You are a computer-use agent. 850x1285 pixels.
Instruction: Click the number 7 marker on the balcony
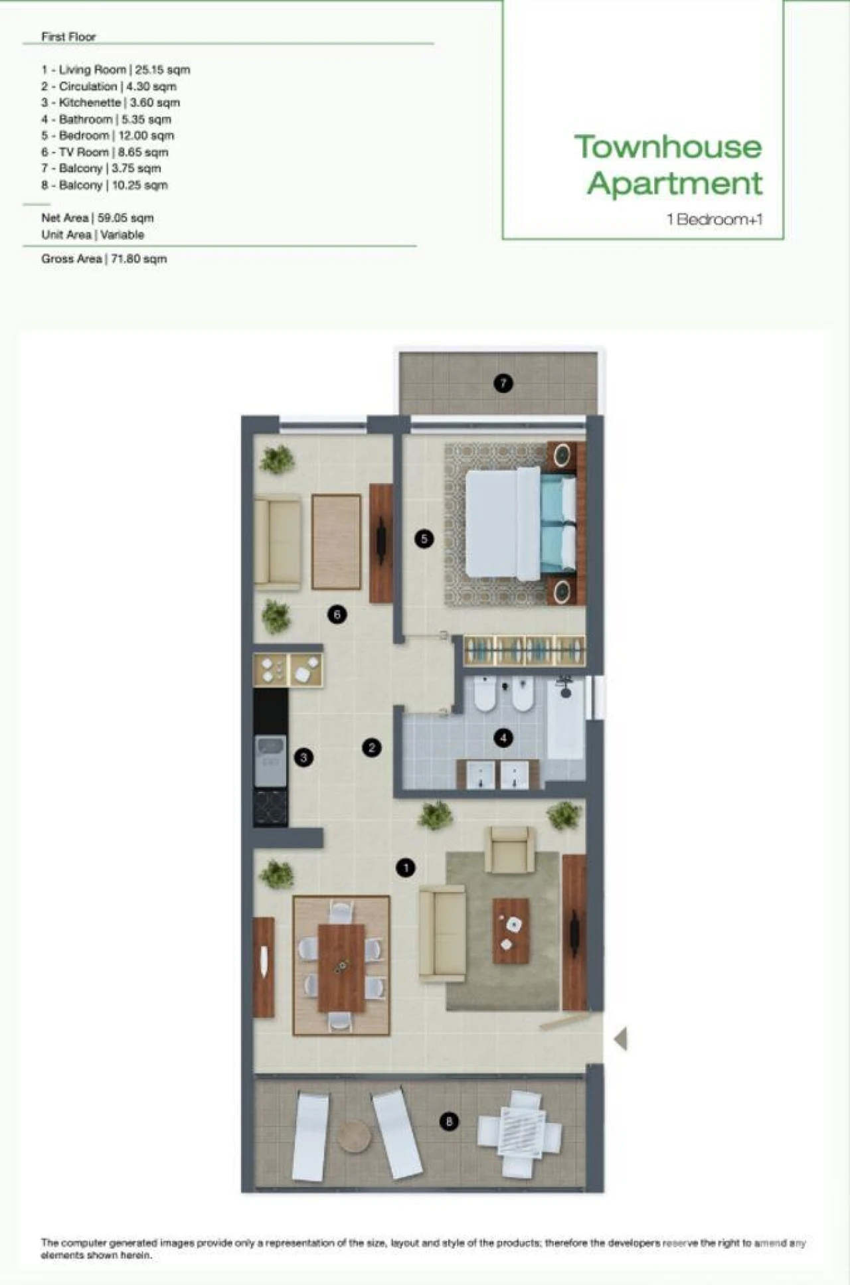pyautogui.click(x=503, y=383)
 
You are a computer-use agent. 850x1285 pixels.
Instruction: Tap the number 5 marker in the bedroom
pyautogui.click(x=424, y=538)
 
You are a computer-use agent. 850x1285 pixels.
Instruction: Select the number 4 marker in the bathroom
pyautogui.click(x=503, y=737)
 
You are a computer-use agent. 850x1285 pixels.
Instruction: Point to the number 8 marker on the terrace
pyautogui.click(x=449, y=1121)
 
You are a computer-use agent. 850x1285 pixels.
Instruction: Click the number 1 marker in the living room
pyautogui.click(x=406, y=868)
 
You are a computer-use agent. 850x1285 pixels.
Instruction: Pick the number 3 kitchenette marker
pyautogui.click(x=303, y=757)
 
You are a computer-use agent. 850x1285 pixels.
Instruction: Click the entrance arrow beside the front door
pyautogui.click(x=621, y=1039)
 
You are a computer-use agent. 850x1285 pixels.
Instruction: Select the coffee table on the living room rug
pyautogui.click(x=511, y=931)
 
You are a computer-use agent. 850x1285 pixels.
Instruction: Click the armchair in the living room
pyautogui.click(x=510, y=850)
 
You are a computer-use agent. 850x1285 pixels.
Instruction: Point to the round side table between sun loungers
pyautogui.click(x=354, y=1137)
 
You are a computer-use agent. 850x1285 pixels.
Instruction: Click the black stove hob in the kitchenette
pyautogui.click(x=270, y=807)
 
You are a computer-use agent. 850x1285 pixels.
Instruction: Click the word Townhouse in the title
pyautogui.click(x=668, y=147)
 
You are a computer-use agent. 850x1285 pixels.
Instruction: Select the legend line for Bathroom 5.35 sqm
pyautogui.click(x=106, y=119)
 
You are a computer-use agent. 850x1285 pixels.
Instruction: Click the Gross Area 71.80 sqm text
pyautogui.click(x=104, y=259)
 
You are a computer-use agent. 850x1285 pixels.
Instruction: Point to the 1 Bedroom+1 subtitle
pyautogui.click(x=715, y=220)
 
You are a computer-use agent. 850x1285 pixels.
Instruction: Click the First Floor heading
pyautogui.click(x=68, y=37)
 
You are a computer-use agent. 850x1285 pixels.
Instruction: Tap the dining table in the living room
pyautogui.click(x=341, y=967)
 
